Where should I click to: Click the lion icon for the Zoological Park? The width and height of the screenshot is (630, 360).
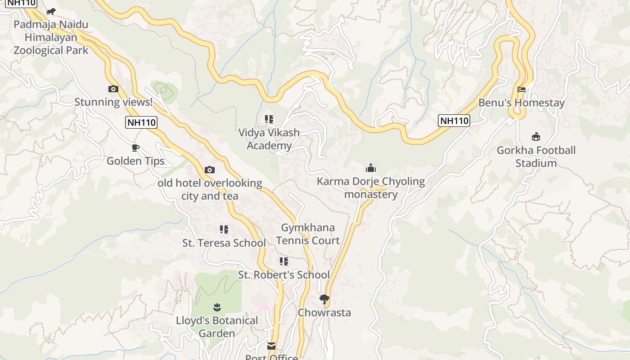point(50,11)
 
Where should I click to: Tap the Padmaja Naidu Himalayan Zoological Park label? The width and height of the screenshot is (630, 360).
point(51,37)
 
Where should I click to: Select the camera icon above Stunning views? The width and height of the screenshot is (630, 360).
point(113,89)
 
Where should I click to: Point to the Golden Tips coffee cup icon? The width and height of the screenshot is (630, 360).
point(135,148)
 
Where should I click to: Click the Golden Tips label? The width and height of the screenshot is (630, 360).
point(135,161)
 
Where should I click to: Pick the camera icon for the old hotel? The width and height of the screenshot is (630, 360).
point(209,170)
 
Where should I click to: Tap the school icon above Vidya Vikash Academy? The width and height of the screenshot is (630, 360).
point(269,119)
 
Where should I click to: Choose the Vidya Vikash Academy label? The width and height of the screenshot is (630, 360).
point(269,139)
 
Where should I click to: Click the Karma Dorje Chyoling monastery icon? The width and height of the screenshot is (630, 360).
point(371,168)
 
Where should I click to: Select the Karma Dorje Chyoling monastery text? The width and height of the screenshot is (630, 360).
point(371,188)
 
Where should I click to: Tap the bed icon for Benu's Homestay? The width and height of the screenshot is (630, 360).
point(522,90)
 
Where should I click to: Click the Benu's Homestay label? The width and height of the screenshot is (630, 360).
point(521,103)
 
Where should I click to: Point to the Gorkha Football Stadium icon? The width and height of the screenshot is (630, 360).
point(536,137)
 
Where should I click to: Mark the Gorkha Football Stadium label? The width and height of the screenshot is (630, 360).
point(536,157)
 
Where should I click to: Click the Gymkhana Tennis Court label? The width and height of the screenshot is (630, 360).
point(308,234)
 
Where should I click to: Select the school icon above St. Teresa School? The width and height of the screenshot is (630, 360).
point(224,229)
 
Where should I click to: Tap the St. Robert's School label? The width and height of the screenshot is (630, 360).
point(283,275)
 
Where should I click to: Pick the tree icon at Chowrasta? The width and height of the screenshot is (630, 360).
point(324,299)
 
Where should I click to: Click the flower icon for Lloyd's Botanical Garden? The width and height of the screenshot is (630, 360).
point(217,307)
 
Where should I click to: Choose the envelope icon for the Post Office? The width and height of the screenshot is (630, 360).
point(271,346)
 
